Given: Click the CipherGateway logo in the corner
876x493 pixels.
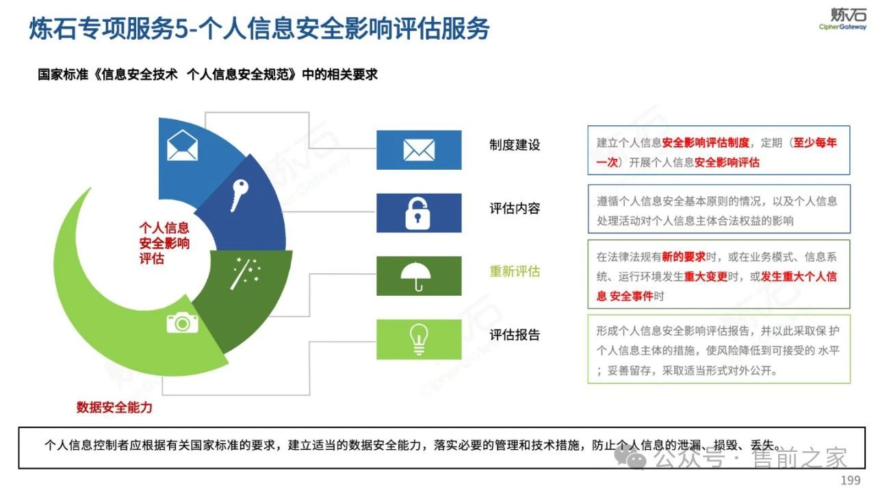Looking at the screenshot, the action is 842,18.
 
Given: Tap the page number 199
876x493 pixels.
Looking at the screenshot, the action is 851,480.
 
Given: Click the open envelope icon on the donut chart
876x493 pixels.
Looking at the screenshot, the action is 182,146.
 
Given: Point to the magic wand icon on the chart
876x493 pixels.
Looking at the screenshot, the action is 245,274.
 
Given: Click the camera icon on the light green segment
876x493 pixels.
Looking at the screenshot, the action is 182,323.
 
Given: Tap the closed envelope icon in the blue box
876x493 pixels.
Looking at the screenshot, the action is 419,150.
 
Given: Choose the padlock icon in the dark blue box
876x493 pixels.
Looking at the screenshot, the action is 417,213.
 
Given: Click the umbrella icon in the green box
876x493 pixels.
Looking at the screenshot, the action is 415,276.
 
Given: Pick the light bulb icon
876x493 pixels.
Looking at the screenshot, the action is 419,339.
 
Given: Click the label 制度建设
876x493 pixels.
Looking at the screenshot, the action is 515,145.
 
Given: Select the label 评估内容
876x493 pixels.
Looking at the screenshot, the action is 515,208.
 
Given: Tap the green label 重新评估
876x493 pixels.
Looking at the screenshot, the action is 515,271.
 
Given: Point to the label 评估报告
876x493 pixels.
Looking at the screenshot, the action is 515,335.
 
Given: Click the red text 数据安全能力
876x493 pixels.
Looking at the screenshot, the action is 114,407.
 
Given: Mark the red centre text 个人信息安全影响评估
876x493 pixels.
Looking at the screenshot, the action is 164,243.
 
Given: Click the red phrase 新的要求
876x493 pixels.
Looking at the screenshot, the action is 684,257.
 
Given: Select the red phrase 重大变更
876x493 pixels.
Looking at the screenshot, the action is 706,277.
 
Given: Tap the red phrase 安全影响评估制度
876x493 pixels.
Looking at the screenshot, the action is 706,143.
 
